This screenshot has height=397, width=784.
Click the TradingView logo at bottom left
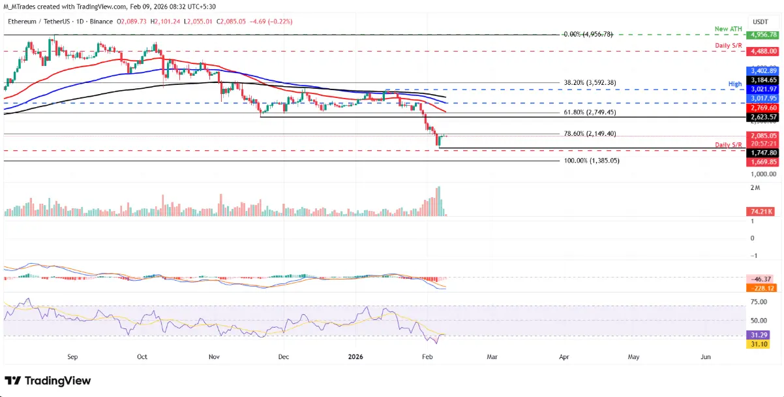(48, 381)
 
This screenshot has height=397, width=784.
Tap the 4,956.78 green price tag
(763, 35)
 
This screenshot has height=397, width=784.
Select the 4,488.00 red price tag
(763, 50)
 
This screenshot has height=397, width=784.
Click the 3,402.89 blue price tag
(763, 70)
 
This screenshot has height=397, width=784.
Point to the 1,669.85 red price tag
(763, 161)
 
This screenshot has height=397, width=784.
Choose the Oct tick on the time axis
(143, 358)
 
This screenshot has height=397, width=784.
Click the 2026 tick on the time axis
(356, 358)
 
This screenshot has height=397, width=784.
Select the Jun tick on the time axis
(705, 358)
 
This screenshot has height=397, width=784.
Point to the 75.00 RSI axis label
(759, 302)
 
